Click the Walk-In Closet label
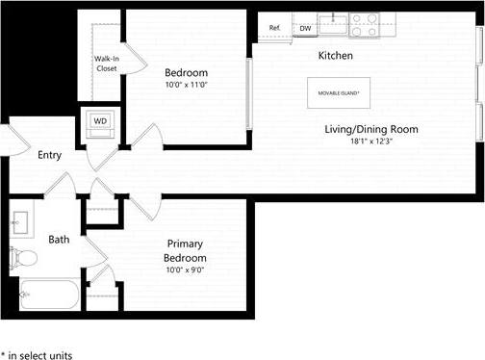pos(107,64)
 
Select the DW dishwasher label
pos(305,29)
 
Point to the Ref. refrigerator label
pos(275,28)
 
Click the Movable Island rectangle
pos(334,92)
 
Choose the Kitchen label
pos(336,56)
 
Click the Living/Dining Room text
pos(370,129)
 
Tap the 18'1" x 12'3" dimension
pos(370,141)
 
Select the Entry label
pos(50,155)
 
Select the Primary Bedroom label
pos(185,251)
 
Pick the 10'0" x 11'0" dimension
pos(186,86)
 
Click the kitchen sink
pos(335,18)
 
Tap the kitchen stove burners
pos(364,24)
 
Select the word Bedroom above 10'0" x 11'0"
pos(186,72)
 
